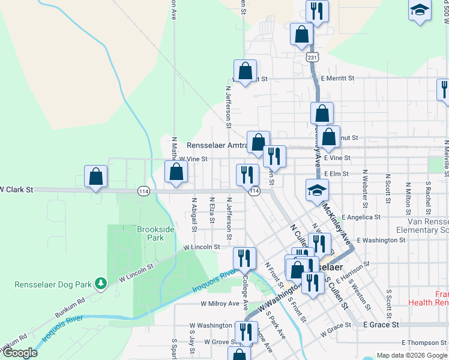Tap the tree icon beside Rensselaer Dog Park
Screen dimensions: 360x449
point(102,282)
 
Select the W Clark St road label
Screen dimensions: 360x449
point(16,189)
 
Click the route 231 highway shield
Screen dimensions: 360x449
point(311,58)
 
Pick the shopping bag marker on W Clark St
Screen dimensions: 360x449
point(95,176)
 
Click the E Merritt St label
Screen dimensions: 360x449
point(338,79)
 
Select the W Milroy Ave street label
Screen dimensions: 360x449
point(220,304)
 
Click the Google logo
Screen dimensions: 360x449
point(20,352)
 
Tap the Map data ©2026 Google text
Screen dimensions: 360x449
point(412,355)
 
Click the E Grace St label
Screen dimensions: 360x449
point(381,325)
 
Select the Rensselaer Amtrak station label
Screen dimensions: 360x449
point(217,146)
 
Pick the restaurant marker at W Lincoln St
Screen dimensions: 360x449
point(244,258)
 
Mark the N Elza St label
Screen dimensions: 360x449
point(212,210)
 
